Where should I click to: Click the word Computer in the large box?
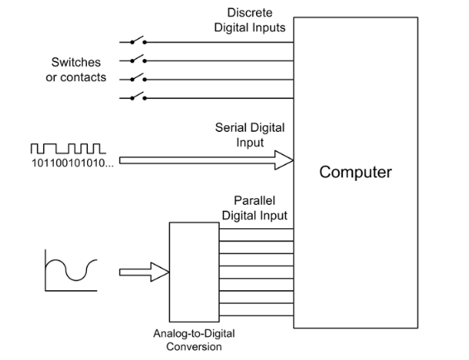pyautogui.click(x=355, y=173)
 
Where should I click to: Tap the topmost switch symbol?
pyautogui.click(x=138, y=41)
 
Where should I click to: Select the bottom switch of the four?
pyautogui.click(x=138, y=96)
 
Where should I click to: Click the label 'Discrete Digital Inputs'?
pyautogui.click(x=249, y=20)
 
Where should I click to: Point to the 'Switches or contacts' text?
pyautogui.click(x=76, y=70)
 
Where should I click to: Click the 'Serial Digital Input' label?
pyautogui.click(x=249, y=134)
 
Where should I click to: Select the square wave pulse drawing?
pyautogui.click(x=68, y=148)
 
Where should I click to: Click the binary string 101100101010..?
pyautogui.click(x=73, y=163)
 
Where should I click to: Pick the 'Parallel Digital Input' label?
pyautogui.click(x=254, y=208)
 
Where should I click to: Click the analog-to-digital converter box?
pyautogui.click(x=194, y=272)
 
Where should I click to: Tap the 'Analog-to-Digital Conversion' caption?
pyautogui.click(x=194, y=340)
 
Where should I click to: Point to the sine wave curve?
pyautogui.click(x=71, y=270)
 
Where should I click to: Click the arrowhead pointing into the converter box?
pyautogui.click(x=160, y=272)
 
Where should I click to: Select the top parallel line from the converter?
pyautogui.click(x=256, y=228)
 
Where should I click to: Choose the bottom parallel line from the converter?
pyautogui.click(x=256, y=315)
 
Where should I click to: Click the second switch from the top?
pyautogui.click(x=138, y=59)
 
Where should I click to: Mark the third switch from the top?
pyautogui.click(x=138, y=78)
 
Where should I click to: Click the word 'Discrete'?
pyautogui.click(x=249, y=13)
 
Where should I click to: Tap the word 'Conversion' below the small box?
pyautogui.click(x=194, y=347)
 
